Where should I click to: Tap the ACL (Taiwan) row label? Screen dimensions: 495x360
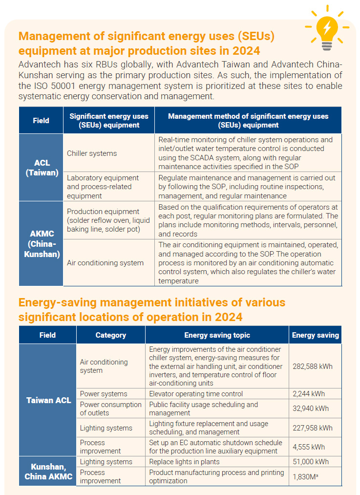[x=41, y=168]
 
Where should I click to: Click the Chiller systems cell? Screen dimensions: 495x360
[x=92, y=153]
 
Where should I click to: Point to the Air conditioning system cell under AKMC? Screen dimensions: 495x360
[x=105, y=263]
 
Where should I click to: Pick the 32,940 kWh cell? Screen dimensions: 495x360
[x=311, y=409]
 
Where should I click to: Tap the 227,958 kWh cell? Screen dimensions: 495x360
[x=313, y=428]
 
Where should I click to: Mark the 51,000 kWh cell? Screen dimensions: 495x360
[x=311, y=462]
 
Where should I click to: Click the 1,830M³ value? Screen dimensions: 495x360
[x=306, y=476]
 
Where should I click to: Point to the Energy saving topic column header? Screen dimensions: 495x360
[x=217, y=335]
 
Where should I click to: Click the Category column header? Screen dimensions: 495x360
[x=110, y=335]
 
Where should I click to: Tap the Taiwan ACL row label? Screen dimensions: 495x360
[x=48, y=400]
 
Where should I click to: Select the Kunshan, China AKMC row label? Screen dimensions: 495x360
[x=48, y=471]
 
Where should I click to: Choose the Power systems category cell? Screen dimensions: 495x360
[x=104, y=394]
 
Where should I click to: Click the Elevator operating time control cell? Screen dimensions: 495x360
[x=195, y=394]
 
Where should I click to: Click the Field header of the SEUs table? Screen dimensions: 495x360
[x=41, y=120]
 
